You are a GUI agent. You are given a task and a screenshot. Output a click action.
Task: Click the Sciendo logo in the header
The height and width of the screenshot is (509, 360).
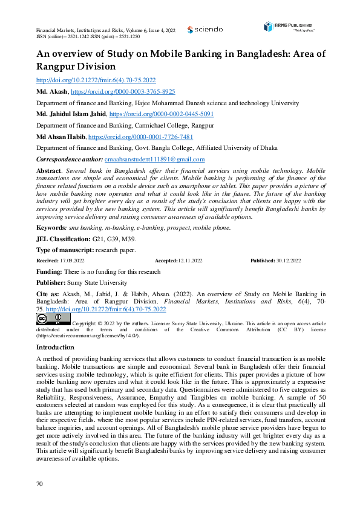[x=205, y=29]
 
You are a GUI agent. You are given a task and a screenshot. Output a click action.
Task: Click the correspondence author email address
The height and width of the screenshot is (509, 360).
[x=154, y=160]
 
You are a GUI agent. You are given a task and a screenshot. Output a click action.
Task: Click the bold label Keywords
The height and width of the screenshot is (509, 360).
[x=51, y=227]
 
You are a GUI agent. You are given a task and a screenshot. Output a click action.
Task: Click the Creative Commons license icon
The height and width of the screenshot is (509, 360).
[x=53, y=319]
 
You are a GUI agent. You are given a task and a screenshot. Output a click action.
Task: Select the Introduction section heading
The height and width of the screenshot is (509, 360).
[x=55, y=347]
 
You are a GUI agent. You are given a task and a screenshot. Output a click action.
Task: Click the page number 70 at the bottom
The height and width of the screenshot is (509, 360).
[x=40, y=484]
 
